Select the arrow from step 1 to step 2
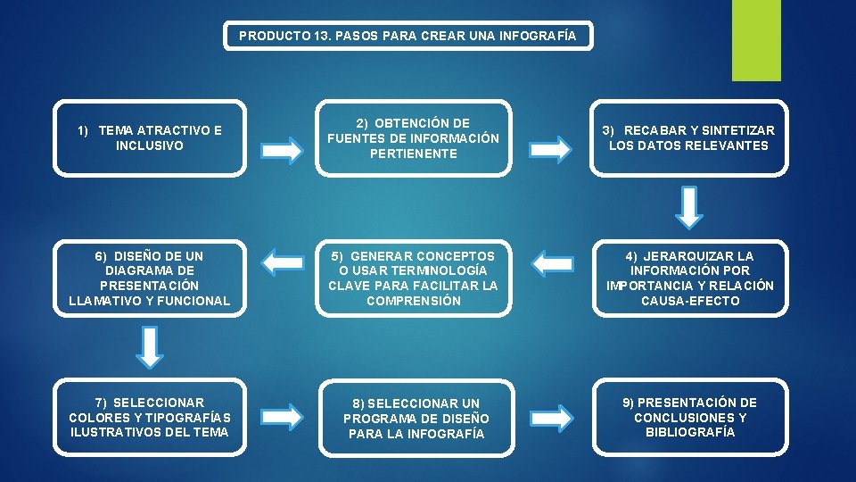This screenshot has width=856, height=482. pyautogui.click(x=283, y=150)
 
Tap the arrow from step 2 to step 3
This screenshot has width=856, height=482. pyautogui.click(x=551, y=149)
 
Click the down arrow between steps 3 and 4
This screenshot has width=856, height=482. pyautogui.click(x=690, y=207)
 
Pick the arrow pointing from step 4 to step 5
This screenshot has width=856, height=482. pyautogui.click(x=550, y=262)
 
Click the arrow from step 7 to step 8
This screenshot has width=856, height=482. pyautogui.click(x=283, y=416)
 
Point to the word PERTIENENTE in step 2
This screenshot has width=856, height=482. pyautogui.click(x=414, y=154)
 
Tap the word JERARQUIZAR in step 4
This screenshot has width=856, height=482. pyautogui.click(x=691, y=256)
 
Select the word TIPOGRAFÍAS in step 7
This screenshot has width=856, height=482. pyautogui.click(x=185, y=418)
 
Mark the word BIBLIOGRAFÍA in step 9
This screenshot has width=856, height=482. pyautogui.click(x=692, y=432)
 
